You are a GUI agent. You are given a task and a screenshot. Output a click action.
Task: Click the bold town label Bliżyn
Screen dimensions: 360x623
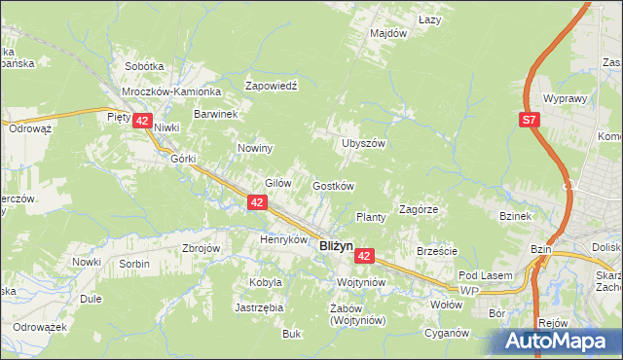(336, 247)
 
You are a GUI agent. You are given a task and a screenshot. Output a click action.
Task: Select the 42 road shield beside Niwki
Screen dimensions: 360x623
(143, 122)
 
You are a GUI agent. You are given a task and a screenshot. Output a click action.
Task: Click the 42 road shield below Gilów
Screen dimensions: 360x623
(257, 201)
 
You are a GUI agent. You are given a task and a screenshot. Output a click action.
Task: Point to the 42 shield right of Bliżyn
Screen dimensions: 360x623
(364, 255)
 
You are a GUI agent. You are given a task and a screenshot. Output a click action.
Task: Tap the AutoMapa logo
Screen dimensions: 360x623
(561, 341)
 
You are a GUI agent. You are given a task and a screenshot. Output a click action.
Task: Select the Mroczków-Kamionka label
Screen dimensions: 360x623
(172, 91)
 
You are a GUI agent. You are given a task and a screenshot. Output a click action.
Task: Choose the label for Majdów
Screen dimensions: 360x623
(388, 33)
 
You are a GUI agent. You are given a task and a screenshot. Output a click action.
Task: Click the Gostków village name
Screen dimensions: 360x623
(332, 186)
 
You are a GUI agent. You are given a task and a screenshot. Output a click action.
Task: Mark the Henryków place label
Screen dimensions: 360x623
(283, 239)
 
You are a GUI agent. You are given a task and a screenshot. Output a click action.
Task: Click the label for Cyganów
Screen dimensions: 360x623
(447, 333)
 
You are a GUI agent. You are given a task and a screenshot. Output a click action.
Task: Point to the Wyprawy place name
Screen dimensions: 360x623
(565, 99)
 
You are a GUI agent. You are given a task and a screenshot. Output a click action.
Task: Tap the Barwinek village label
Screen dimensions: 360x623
(216, 114)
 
